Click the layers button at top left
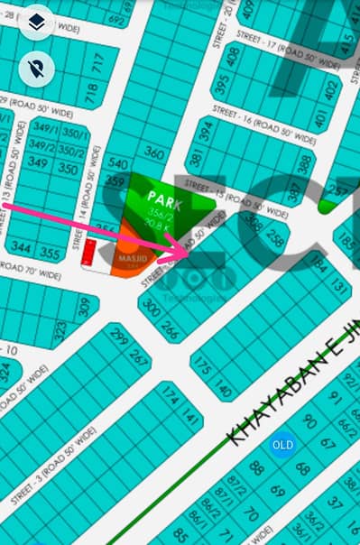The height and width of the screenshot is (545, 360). pyautogui.click(x=37, y=21)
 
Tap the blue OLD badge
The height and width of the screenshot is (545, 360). pyautogui.click(x=282, y=446)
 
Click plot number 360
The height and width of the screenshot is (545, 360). pyautogui.click(x=155, y=154)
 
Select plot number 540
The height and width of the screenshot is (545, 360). pyautogui.click(x=118, y=163)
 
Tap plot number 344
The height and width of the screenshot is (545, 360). pyautogui.click(x=22, y=247)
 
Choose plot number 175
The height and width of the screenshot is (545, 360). pyautogui.click(x=203, y=368)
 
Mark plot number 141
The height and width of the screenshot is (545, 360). pyautogui.click(x=189, y=416)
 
